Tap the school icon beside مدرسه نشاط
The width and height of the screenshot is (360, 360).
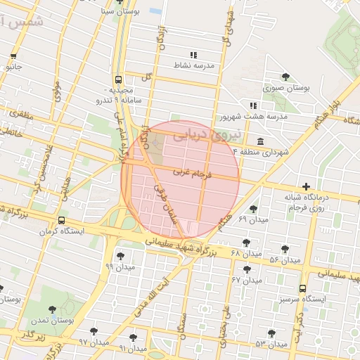pos(193,55)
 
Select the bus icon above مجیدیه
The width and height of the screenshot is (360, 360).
pos(118,79)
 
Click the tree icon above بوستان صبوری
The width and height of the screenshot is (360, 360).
pos(285,77)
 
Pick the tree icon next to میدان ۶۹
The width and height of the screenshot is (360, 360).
pos(253,209)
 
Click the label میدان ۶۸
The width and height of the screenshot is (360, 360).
pos(246,252)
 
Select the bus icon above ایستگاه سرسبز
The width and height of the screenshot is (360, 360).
pos(303,288)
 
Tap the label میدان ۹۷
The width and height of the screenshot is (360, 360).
pos(93,342)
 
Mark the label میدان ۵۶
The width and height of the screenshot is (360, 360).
pos(285,260)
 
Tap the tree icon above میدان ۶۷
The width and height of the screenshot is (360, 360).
pos(246,268)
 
